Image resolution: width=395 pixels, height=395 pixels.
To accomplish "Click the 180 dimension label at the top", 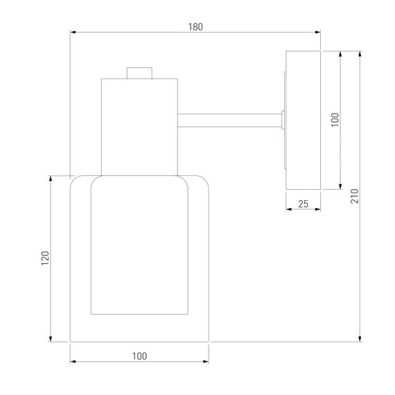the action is pos(195,27).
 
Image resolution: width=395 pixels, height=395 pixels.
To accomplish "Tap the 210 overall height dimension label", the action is pos(354,196).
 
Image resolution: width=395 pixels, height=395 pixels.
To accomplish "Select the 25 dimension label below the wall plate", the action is pos(303,204).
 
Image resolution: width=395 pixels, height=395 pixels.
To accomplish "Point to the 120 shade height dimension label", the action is pos(45,258).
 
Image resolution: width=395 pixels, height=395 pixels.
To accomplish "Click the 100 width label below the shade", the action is pos(139,356).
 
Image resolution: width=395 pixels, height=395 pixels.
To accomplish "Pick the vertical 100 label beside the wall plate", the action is pos(335,120).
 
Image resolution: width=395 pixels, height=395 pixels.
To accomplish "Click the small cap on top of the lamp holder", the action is pos(139,73).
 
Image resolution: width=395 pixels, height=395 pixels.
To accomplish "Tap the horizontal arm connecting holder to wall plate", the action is pos(229,121).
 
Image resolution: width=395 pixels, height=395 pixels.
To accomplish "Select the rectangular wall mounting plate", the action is pos(303,120).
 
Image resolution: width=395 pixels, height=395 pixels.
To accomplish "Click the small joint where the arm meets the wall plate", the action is pos(283,120).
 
